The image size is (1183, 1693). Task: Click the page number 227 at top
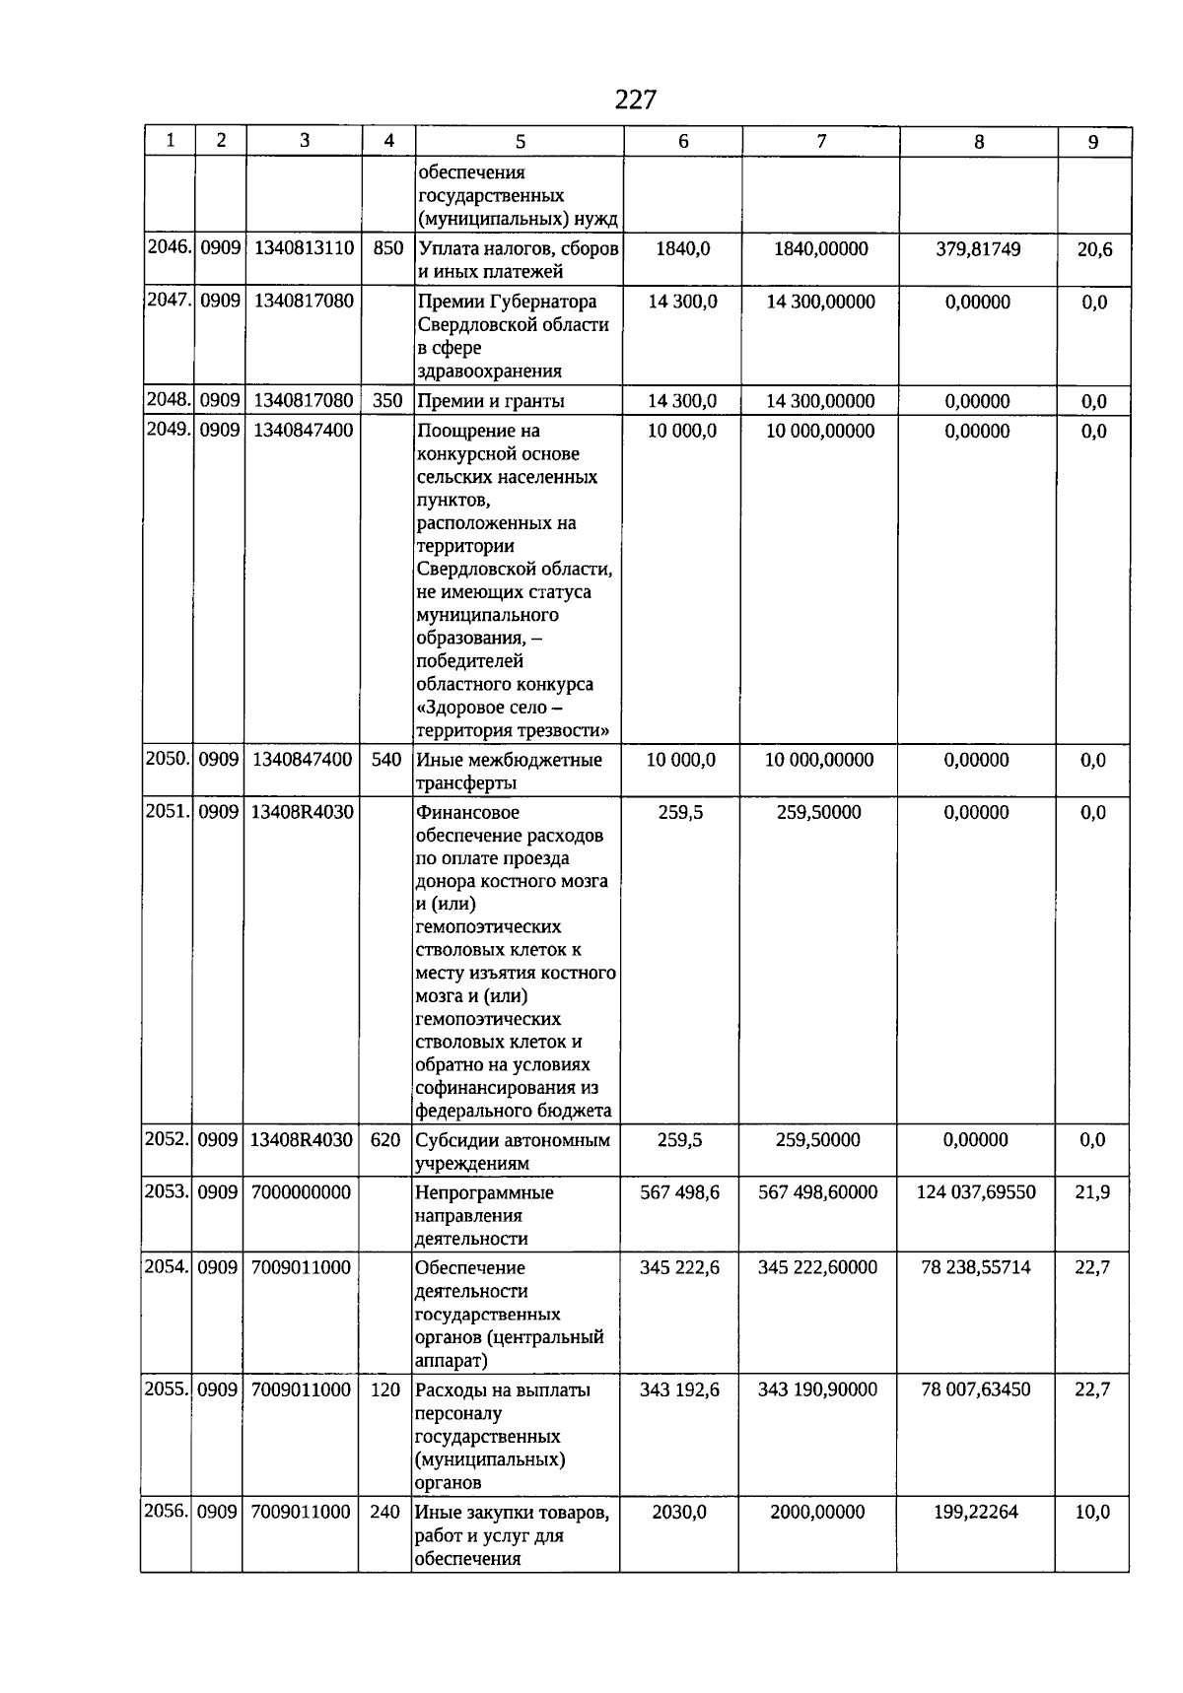[x=635, y=100]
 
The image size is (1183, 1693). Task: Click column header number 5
[x=521, y=142]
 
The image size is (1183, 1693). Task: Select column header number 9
[x=1093, y=142]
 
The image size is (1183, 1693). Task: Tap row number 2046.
[x=169, y=248]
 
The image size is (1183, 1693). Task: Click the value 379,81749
[x=978, y=249]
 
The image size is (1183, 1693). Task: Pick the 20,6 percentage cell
[x=1094, y=250]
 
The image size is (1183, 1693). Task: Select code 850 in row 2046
[x=388, y=248]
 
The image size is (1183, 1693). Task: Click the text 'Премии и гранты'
[x=491, y=401]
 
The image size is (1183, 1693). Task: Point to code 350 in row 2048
[x=388, y=401]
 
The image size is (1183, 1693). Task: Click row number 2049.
[x=169, y=431]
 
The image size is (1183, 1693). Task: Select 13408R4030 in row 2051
[x=302, y=812]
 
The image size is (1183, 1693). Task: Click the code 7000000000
[x=301, y=1192]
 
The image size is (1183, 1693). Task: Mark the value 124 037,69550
[x=976, y=1192]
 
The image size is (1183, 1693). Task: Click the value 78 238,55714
[x=976, y=1267]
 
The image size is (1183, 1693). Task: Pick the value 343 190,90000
[x=817, y=1389]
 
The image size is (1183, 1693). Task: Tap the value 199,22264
[x=976, y=1512]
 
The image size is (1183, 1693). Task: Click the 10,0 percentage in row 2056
[x=1092, y=1513]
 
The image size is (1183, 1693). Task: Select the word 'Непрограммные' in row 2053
[x=484, y=1192]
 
